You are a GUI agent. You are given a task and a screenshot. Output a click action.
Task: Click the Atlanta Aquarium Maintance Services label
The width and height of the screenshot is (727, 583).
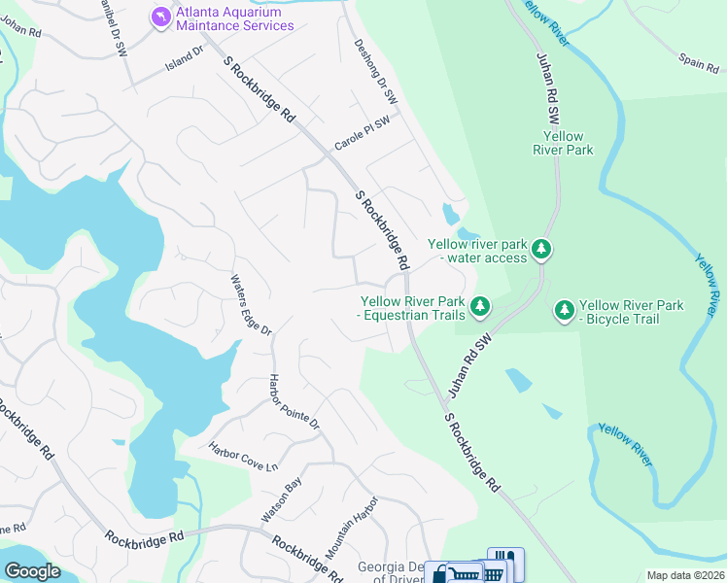[x=233, y=18]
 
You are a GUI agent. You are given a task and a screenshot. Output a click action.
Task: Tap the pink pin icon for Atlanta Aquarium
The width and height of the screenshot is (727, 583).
[x=159, y=17]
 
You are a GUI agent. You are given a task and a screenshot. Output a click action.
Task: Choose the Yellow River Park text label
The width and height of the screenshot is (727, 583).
[x=563, y=143]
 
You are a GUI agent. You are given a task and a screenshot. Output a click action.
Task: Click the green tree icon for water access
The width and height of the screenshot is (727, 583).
[x=541, y=251]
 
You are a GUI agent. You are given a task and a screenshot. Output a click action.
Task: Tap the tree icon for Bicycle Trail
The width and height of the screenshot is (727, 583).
[x=564, y=311]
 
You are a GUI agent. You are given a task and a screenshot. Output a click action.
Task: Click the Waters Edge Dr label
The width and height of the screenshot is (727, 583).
[x=251, y=305]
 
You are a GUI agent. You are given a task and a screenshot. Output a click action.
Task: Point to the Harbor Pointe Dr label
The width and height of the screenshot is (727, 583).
[x=294, y=401]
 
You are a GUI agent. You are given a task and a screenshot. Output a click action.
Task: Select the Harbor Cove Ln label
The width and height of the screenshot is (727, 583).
[x=243, y=454]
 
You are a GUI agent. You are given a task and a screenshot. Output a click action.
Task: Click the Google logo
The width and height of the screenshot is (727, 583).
[x=31, y=570]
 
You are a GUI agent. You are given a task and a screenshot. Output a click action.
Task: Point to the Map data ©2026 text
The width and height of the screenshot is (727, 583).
[x=684, y=575]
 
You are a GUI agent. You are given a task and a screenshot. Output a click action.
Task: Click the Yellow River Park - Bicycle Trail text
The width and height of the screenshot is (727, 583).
[x=632, y=312]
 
